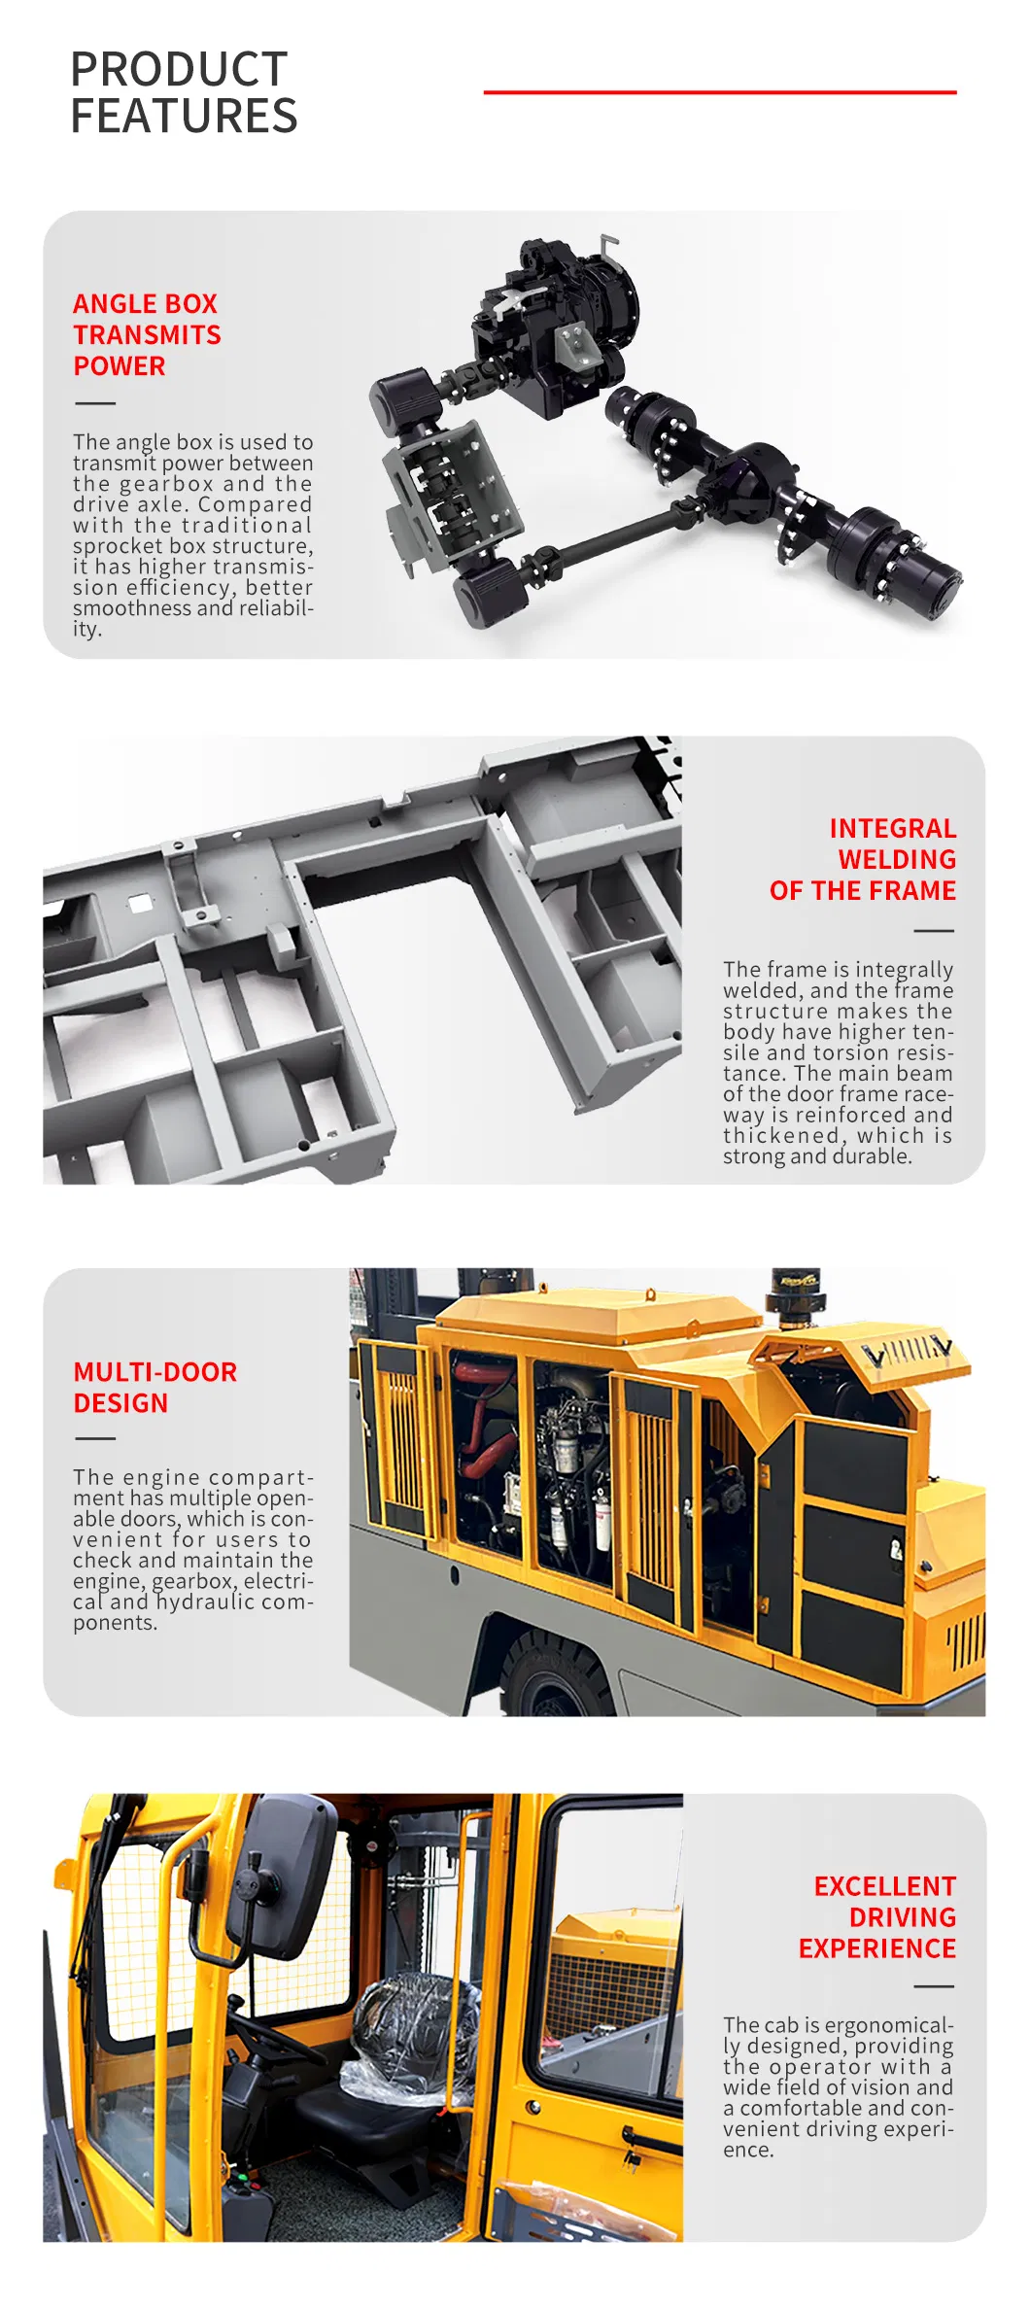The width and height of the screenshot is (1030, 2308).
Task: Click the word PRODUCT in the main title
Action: [x=179, y=70]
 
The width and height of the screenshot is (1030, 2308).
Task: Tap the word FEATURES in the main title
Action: [x=184, y=116]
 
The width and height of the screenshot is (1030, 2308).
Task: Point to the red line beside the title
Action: [x=719, y=92]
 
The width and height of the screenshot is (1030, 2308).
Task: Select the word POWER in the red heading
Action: [x=120, y=366]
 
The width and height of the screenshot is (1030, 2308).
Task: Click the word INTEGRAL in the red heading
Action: [x=892, y=829]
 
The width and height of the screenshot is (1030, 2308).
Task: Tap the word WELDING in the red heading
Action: [x=897, y=860]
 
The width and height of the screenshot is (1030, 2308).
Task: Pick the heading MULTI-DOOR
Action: [x=155, y=1372]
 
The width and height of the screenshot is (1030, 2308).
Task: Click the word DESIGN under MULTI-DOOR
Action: [x=120, y=1403]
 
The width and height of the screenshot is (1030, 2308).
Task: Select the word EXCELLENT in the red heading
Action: [x=884, y=1886]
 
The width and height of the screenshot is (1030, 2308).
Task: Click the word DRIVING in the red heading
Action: [x=902, y=1917]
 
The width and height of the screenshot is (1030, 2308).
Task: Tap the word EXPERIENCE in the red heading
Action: [x=876, y=1948]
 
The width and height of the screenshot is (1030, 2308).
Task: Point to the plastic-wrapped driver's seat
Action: [x=413, y=2026]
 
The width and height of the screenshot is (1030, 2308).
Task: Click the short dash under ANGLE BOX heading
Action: [x=94, y=403]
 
